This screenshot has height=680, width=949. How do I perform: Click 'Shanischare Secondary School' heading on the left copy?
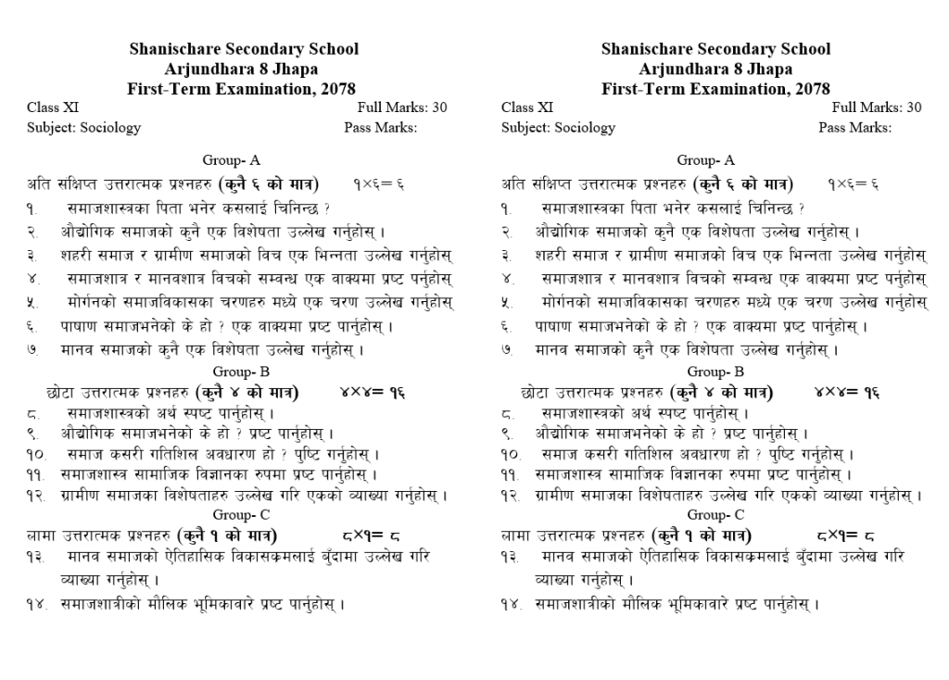pos(244,49)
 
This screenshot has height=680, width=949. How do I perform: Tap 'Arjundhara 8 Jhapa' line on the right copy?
pos(715,69)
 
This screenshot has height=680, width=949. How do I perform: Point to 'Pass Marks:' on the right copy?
pos(854,128)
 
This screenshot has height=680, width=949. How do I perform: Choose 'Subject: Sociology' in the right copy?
pos(558,128)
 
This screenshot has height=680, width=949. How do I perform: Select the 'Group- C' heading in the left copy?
pos(241,514)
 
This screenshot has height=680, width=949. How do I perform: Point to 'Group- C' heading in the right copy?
pos(715,514)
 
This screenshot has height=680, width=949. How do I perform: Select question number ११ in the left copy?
pos(37,475)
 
